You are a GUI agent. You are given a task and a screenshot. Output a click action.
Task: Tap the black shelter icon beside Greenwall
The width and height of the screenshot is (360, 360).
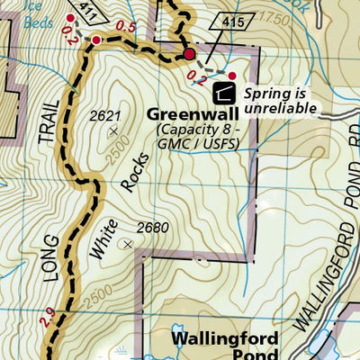pyautogui.click(x=223, y=92)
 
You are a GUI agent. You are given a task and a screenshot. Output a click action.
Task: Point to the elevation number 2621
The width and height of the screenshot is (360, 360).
pyautogui.click(x=107, y=116)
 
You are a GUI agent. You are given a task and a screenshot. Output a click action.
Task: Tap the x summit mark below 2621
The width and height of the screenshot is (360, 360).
pyautogui.click(x=113, y=132)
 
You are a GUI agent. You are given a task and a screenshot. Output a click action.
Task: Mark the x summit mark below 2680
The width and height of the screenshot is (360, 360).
pyautogui.click(x=129, y=243)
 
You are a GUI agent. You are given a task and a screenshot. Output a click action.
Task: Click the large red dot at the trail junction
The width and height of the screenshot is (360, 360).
pyautogui.click(x=189, y=57)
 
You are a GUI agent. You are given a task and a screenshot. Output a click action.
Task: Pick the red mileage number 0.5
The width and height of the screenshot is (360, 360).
pyautogui.click(x=126, y=28)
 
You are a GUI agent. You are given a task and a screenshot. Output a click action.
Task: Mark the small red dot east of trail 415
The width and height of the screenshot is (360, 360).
pyautogui.click(x=231, y=76)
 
